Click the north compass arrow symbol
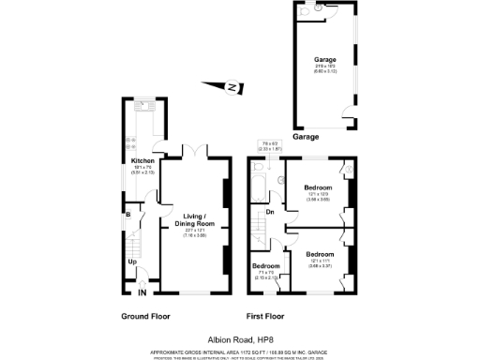click(x=230, y=89)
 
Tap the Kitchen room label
click(x=142, y=160)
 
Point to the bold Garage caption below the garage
click(x=306, y=136)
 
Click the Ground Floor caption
click(x=144, y=316)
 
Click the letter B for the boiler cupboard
click(x=127, y=215)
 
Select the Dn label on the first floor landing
click(x=270, y=211)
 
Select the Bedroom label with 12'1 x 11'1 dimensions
click(x=319, y=254)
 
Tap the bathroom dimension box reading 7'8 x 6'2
click(x=270, y=145)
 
